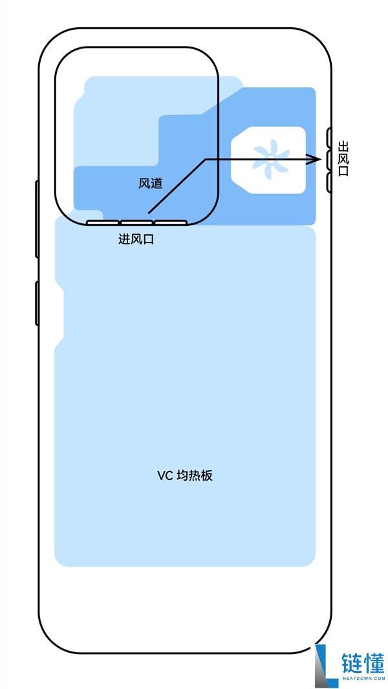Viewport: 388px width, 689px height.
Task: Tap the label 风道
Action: tap(151, 184)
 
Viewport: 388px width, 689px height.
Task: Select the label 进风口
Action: tap(136, 239)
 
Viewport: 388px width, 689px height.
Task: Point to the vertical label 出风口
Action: tap(343, 160)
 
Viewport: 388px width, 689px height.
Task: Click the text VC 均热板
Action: tap(185, 476)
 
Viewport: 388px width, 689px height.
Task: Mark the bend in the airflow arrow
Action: tap(206, 159)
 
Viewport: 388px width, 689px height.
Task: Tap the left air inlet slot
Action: tap(102, 223)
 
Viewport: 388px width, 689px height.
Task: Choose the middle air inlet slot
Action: tap(136, 223)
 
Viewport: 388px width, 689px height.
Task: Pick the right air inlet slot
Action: tap(171, 223)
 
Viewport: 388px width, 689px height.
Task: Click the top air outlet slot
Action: tap(329, 137)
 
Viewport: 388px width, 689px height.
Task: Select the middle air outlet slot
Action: tap(329, 160)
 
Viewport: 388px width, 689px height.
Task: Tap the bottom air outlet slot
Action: tap(329, 182)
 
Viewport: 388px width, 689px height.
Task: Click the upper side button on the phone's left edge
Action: tap(37, 219)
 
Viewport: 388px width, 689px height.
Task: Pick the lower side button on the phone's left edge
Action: tap(37, 303)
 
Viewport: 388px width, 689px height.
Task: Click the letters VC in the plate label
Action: tap(164, 476)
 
